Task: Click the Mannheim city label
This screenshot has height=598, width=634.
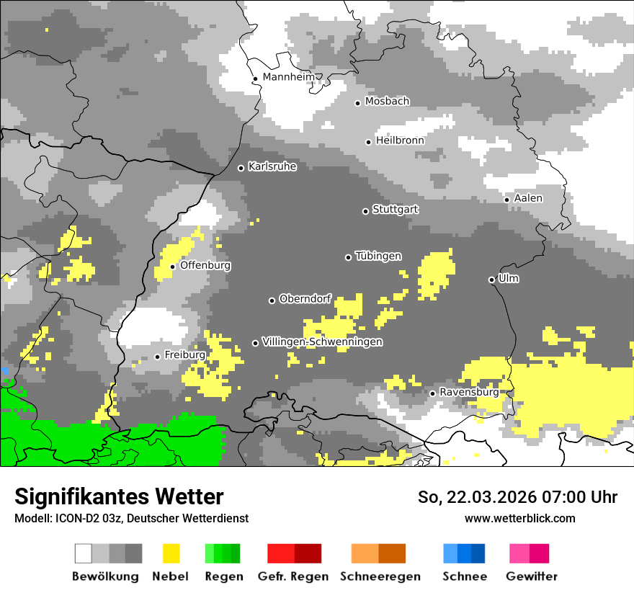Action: [x=288, y=77]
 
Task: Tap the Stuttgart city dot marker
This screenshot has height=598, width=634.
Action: [x=365, y=211]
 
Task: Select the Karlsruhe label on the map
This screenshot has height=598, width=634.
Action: [x=272, y=166]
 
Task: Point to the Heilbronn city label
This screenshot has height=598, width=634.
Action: [x=400, y=140]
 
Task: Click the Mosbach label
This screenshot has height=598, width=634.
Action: [x=387, y=102]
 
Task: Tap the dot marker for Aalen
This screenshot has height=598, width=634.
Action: [x=507, y=200]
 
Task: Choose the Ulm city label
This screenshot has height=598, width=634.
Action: [x=509, y=278]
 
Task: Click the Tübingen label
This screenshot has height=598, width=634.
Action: [x=378, y=256]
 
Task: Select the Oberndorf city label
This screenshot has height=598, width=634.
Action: [x=305, y=299]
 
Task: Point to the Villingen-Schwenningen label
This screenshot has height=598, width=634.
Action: [x=322, y=342]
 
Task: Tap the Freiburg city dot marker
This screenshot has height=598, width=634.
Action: [x=157, y=357]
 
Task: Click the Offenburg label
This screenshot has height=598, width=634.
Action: [x=205, y=265]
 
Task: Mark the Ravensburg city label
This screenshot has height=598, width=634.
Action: [x=469, y=393]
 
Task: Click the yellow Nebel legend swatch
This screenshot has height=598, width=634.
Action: [x=171, y=553]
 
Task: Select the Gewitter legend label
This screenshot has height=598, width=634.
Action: [x=531, y=576]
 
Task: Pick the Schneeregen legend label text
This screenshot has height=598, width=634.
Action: [x=380, y=576]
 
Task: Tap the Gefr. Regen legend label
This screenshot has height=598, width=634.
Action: [x=293, y=576]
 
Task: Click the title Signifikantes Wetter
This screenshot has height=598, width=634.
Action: [x=119, y=496]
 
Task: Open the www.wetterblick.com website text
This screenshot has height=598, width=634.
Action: [x=519, y=518]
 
